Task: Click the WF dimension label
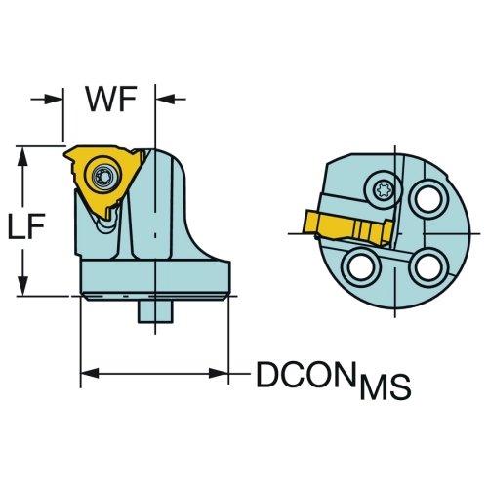110,100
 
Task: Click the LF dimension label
26,225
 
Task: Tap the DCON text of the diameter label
305,374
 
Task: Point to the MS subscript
385,387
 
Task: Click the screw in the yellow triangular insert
102,176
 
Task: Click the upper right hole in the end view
428,198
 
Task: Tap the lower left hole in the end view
361,267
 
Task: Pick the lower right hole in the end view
428,267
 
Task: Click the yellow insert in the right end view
348,227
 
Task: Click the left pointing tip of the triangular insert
64,152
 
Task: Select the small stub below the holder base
155,311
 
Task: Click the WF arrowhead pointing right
53,99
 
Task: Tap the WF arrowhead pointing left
165,99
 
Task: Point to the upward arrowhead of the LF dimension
22,156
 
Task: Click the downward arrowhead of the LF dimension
22,286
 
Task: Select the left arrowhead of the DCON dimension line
90,373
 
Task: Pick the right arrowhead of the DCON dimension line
219,373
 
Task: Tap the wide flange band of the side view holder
156,277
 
